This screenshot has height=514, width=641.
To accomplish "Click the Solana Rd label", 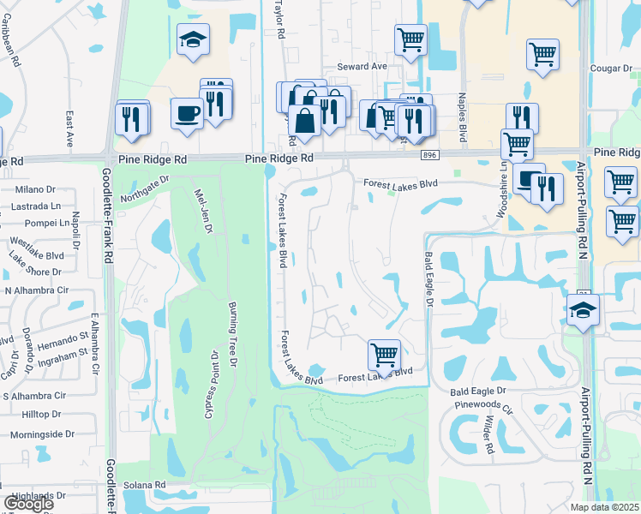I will (149, 485).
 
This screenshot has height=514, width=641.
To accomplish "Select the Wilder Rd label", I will (488, 435).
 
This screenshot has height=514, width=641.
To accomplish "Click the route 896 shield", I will (430, 153).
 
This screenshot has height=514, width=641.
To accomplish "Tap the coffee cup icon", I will (187, 114).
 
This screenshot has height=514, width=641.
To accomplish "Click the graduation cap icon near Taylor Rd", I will (193, 39).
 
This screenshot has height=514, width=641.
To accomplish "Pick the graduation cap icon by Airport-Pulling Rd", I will (583, 310).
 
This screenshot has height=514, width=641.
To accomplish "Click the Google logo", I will (28, 504).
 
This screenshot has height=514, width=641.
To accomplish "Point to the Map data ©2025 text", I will (604, 507).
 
